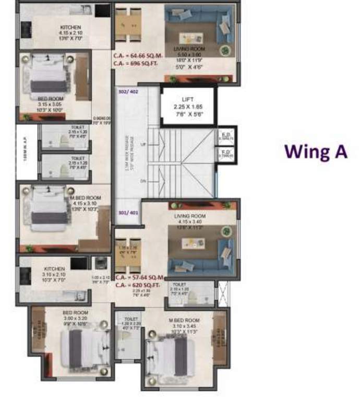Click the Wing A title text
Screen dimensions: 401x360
tap(315, 151)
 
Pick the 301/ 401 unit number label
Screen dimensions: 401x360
tap(128, 213)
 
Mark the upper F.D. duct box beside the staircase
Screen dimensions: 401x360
tap(226, 137)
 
